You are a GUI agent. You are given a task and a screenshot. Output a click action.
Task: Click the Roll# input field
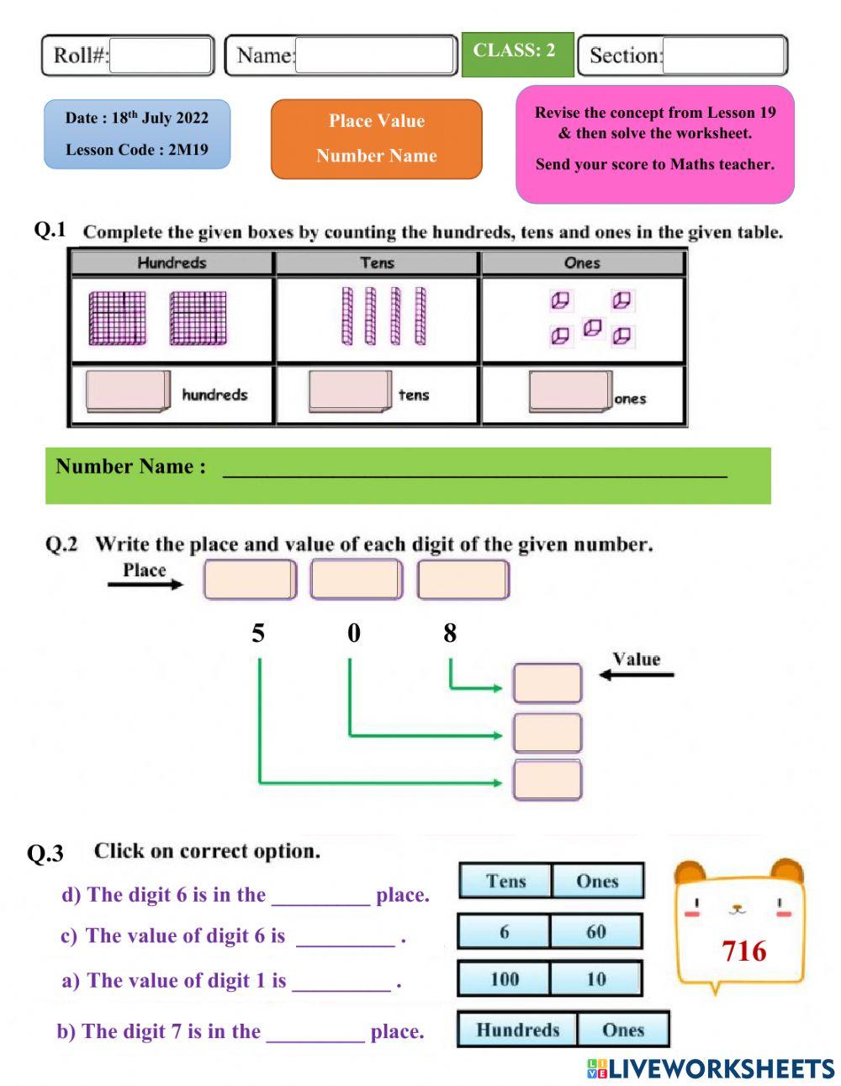pos(161,56)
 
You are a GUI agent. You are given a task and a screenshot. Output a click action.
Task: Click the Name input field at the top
pos(375,56)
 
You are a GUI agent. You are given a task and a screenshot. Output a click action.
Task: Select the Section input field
pos(723,56)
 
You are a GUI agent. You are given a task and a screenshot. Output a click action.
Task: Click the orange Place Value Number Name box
pos(376,139)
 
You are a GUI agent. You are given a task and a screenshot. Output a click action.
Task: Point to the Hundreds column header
pos(172,263)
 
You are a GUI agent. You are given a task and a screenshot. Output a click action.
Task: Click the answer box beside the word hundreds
pos(127,392)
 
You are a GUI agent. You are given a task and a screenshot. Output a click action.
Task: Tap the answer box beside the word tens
pos(349,392)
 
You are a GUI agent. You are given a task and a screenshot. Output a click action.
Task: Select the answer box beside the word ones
pos(569,392)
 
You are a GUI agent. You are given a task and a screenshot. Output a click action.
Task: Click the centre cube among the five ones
pos(592,327)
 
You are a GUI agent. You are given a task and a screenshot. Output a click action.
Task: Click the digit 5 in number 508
pos(258,633)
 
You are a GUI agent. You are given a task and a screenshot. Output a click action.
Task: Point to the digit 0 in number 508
pos(354,633)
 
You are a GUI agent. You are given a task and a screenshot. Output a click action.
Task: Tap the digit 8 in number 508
pos(450,633)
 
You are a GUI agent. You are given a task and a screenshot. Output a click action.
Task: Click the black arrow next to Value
pos(636,674)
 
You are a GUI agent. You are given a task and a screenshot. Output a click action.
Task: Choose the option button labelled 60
pos(596,932)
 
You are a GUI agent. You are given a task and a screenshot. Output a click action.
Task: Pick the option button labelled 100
pos(504,979)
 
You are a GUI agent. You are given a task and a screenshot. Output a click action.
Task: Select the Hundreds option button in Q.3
pos(517,1030)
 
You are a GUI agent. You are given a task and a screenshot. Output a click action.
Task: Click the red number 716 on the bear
pos(743,951)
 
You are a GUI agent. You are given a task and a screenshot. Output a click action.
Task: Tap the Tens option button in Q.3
pos(505,881)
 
